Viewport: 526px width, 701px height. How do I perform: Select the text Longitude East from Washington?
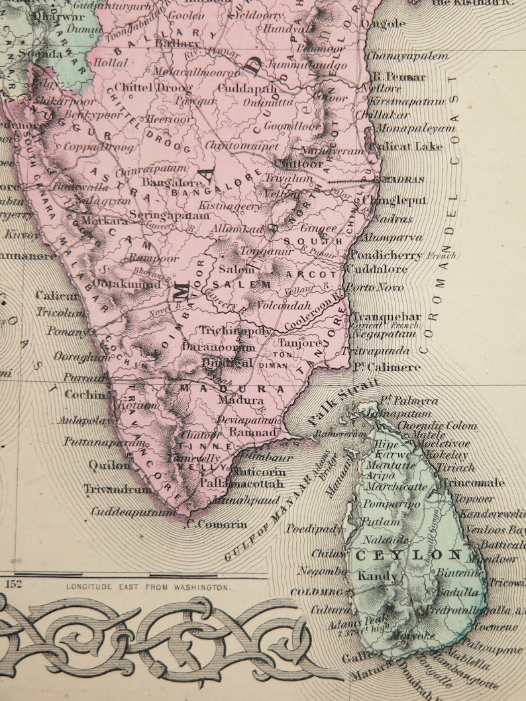(148, 586)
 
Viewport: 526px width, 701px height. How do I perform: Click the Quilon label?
(110, 465)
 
